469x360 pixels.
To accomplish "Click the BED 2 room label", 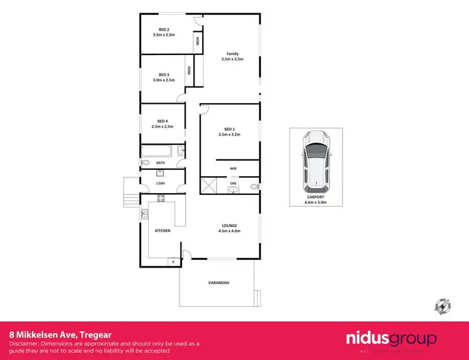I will coord(163,29).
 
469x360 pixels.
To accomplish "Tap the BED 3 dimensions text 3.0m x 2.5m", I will coord(163,80).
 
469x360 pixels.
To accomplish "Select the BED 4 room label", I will coord(163,121).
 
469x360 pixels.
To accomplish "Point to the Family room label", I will coord(232,54).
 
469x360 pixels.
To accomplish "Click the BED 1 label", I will coord(229,129).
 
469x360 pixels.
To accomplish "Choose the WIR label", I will coord(233,169).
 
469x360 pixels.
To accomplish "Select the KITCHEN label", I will coord(163,231).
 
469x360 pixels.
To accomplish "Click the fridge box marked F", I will coord(173,262).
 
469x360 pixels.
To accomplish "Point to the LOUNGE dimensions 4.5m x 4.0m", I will coord(229,231).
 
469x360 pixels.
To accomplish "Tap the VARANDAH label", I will coord(218,283).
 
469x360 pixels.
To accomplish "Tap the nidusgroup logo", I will coord(391,340).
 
